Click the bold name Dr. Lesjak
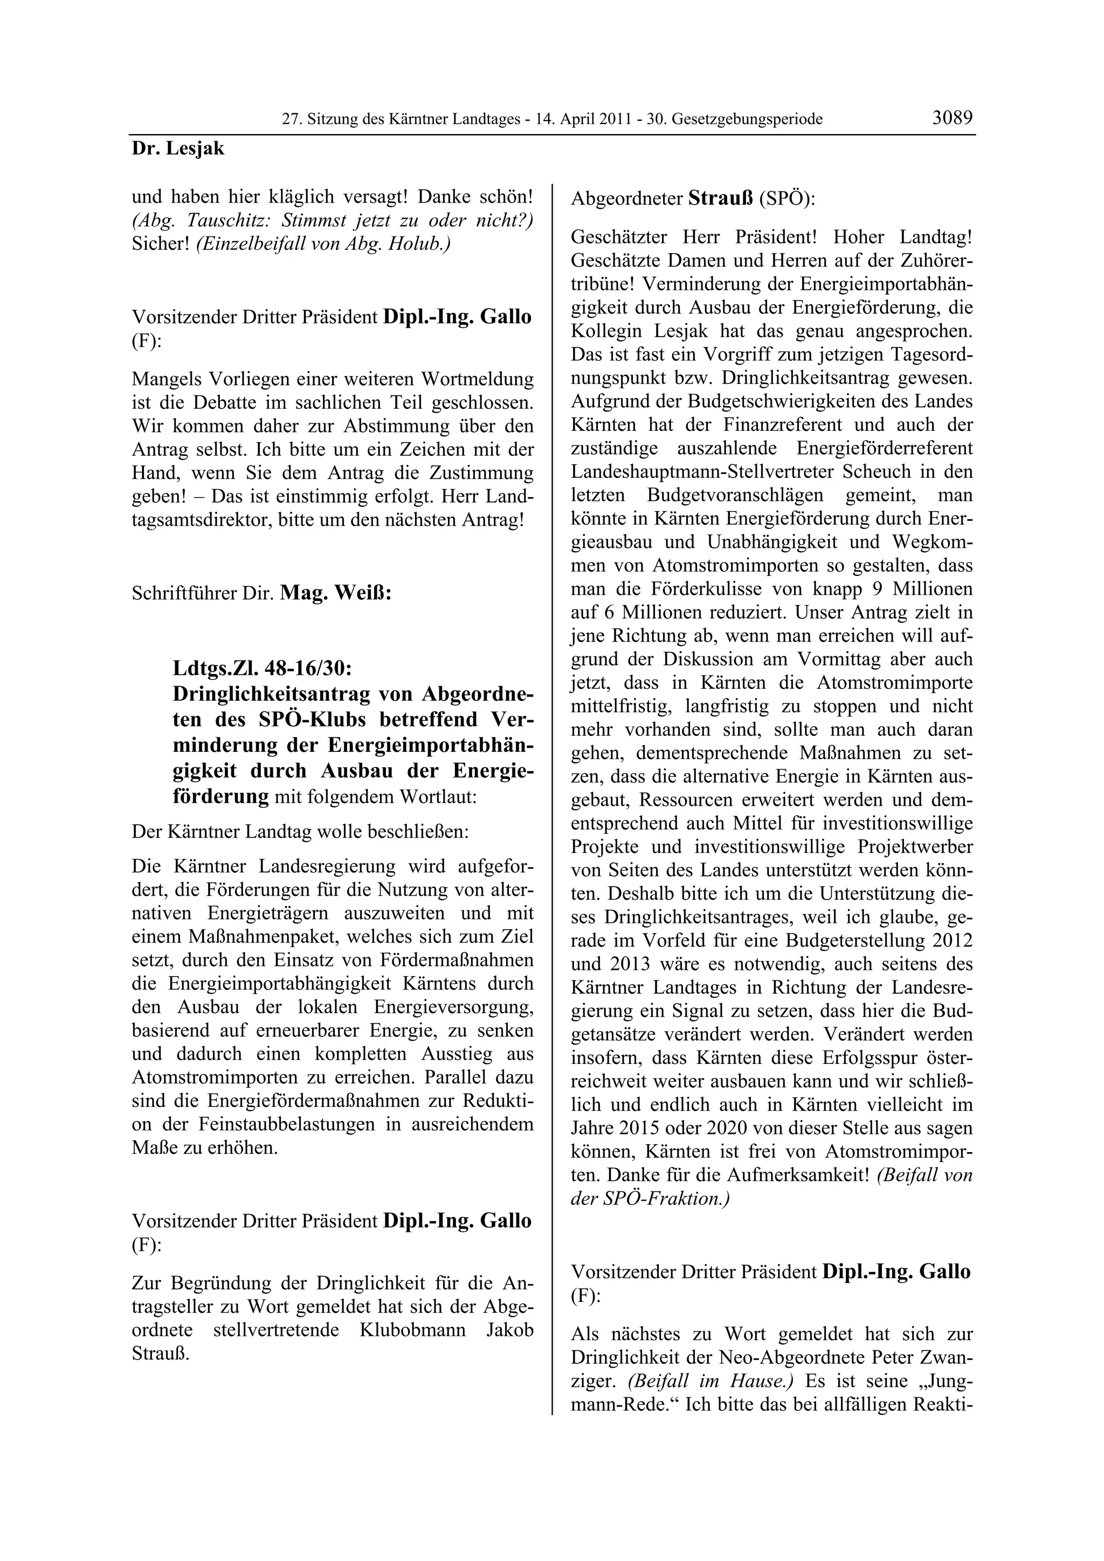(x=177, y=149)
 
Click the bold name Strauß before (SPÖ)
(x=721, y=199)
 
